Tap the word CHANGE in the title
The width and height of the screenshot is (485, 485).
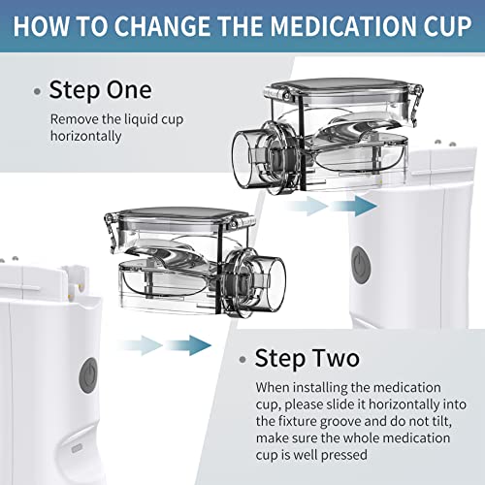pyautogui.click(x=160, y=26)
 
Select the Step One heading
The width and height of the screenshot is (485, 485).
pyautogui.click(x=100, y=90)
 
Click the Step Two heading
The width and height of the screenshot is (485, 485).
pyautogui.click(x=307, y=358)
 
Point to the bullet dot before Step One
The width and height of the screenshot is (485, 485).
pyautogui.click(x=37, y=91)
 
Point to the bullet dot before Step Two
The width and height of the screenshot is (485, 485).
pyautogui.click(x=242, y=360)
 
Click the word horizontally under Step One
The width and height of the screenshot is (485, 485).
pyautogui.click(x=85, y=136)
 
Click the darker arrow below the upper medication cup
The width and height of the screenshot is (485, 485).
pyautogui.click(x=354, y=206)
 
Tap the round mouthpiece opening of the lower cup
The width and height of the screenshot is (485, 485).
pyautogui.click(x=275, y=284)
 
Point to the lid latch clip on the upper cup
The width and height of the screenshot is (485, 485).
pyautogui.click(x=416, y=103)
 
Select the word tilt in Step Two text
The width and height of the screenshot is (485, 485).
pyautogui.click(x=440, y=421)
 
